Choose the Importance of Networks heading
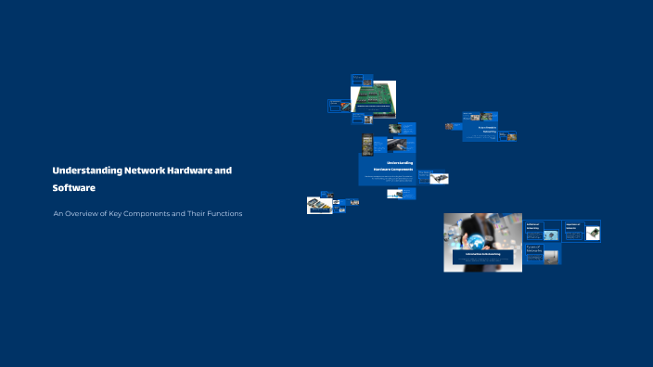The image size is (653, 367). [x=572, y=224]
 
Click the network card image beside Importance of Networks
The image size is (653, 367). [x=592, y=234]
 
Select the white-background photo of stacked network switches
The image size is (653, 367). [x=320, y=205]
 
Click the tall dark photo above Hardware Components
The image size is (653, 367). [x=367, y=144]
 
